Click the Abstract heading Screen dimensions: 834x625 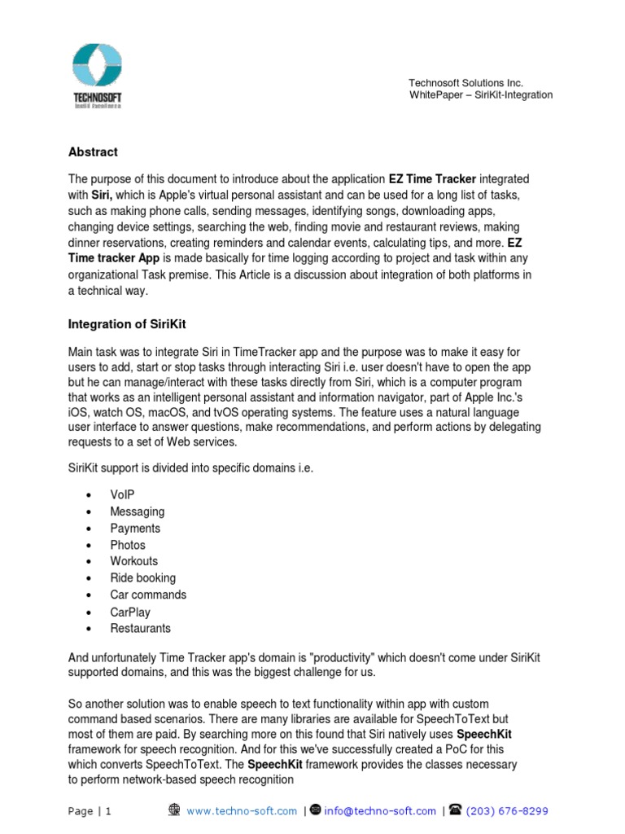click(x=93, y=151)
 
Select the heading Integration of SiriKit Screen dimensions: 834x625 click(x=127, y=324)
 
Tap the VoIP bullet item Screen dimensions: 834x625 click(x=123, y=494)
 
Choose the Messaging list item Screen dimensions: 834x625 click(x=137, y=511)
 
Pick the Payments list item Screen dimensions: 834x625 click(x=135, y=528)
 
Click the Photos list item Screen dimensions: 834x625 click(x=128, y=545)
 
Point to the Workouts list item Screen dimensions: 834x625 click(x=134, y=561)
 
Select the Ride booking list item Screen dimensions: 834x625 click(x=142, y=577)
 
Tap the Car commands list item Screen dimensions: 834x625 click(x=148, y=595)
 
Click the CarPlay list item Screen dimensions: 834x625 click(x=130, y=612)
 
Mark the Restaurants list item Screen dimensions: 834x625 click(x=140, y=628)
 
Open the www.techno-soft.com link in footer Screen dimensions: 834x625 click(x=242, y=811)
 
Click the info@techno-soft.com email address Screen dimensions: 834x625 click(x=380, y=811)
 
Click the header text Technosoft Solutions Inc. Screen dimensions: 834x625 click(x=465, y=83)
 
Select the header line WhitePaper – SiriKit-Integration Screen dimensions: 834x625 click(x=480, y=95)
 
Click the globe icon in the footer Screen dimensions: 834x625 click(x=174, y=810)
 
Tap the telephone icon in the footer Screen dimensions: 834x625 click(x=456, y=810)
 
